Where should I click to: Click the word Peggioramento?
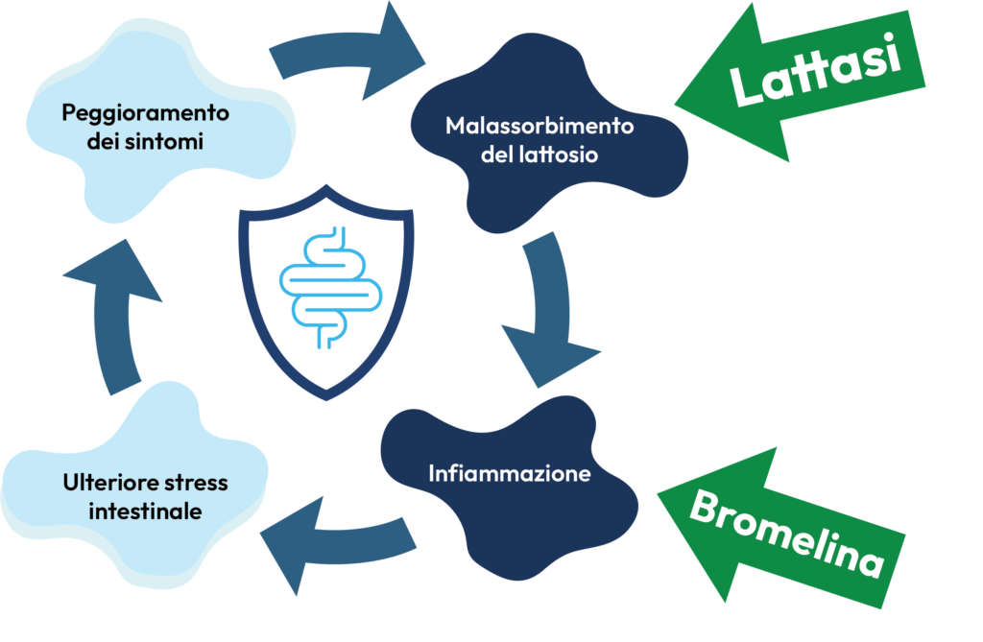[146, 113]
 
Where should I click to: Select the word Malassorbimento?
[539, 126]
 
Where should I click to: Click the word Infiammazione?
[509, 473]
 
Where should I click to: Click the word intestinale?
[146, 511]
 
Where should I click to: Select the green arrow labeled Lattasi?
[800, 82]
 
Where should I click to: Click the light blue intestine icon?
[330, 288]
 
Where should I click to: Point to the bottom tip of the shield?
[326, 399]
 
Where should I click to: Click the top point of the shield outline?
[326, 185]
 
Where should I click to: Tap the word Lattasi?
[816, 69]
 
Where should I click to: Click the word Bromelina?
[787, 533]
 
